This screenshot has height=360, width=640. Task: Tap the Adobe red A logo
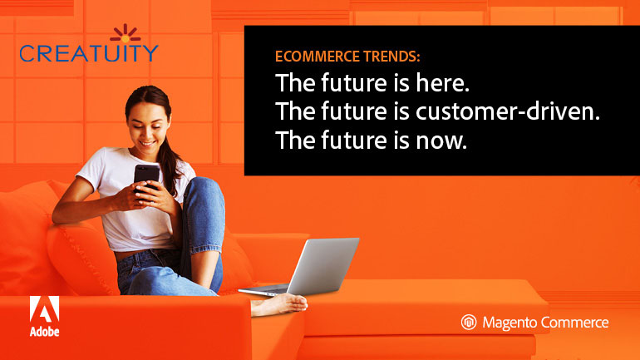(x=42, y=310)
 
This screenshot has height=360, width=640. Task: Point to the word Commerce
(x=579, y=323)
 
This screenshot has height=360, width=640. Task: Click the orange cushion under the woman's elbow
(x=79, y=249)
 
